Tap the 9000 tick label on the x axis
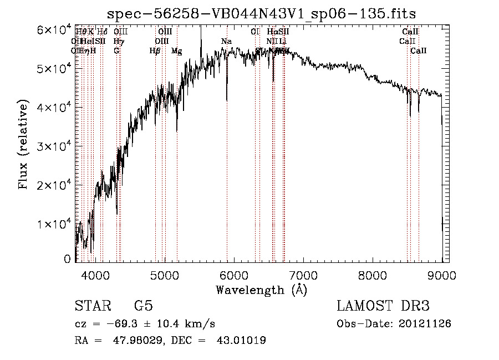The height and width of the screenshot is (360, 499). point(441,275)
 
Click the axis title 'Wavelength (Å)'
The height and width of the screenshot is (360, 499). point(261,290)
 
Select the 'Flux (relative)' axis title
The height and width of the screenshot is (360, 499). point(23,145)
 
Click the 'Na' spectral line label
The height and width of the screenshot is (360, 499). point(226,42)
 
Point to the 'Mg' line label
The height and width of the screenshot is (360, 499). point(176,51)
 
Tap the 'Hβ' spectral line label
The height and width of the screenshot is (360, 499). point(155,51)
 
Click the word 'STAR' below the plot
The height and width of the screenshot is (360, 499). point(92,306)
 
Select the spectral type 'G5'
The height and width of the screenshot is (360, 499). point(143,306)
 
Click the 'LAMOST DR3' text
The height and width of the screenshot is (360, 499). point(383,306)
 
